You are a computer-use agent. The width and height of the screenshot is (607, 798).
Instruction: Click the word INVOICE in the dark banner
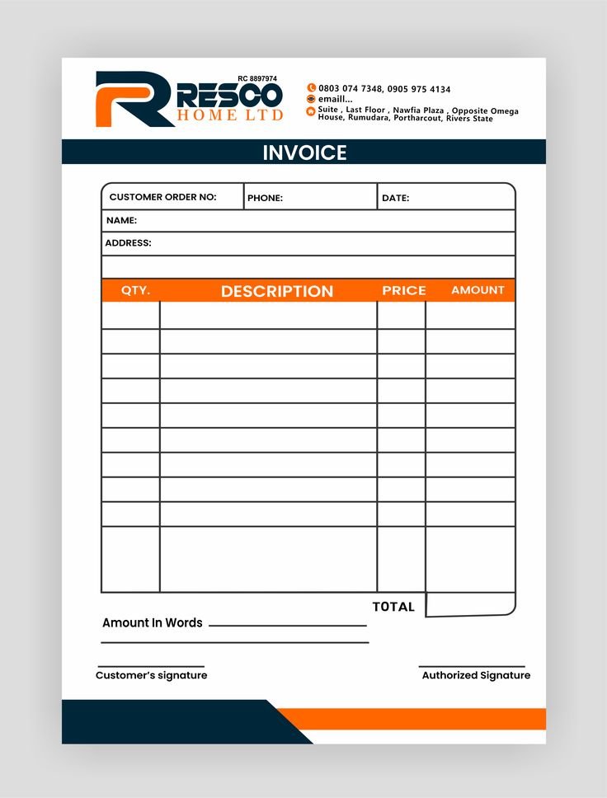coord(304,153)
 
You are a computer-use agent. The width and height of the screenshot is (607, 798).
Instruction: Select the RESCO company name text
coord(228,95)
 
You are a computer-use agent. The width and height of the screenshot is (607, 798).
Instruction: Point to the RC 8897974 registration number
coord(257,78)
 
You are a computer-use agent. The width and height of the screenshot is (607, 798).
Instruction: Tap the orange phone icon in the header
coord(311,88)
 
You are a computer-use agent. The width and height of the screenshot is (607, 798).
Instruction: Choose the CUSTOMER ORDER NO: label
coord(162,197)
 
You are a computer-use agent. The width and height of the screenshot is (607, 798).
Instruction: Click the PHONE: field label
coord(265,198)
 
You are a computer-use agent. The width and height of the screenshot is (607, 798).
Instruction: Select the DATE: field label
coord(395,198)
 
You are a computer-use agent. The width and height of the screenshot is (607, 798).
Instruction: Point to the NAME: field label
coord(121,220)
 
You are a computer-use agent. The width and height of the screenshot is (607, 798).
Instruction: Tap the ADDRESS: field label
coord(128,243)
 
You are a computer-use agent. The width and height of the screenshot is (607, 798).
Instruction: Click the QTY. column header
coord(136,290)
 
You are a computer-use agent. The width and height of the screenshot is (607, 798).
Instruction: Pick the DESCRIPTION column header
coord(277,291)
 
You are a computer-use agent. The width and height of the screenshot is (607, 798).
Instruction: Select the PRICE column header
coord(404,290)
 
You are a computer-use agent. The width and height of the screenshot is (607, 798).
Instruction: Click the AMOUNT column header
coord(478,290)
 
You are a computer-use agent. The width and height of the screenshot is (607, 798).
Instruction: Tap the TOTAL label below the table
coord(393,607)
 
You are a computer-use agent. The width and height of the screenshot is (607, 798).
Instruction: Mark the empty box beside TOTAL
coord(470,604)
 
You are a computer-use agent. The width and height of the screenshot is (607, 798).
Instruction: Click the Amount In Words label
coord(152,623)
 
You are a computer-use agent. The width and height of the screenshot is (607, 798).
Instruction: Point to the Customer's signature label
coord(151,675)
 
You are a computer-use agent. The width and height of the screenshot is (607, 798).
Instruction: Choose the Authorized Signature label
coord(476,675)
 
